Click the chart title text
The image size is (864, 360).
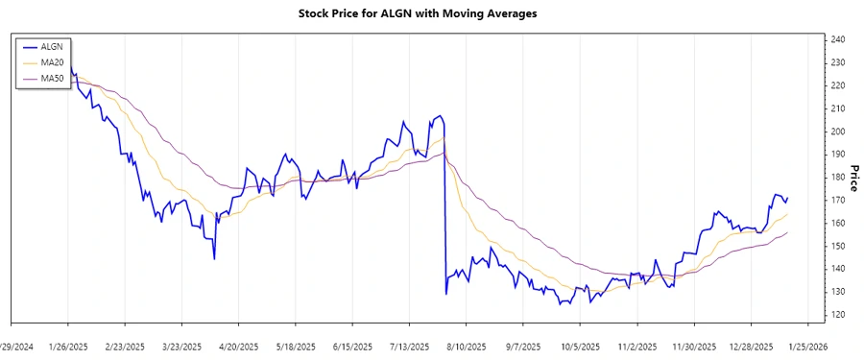(431, 14)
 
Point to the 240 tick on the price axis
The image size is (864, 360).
(838, 39)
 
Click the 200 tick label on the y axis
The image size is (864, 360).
(838, 132)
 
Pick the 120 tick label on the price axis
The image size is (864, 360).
(838, 315)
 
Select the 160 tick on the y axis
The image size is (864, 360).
(838, 223)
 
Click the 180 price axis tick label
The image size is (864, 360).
(838, 177)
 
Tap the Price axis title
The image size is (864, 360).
(853, 178)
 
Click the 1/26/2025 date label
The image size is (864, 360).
(68, 347)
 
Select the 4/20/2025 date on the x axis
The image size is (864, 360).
(239, 347)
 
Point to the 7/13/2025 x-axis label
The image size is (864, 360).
(410, 347)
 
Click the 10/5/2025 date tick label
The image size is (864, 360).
(581, 347)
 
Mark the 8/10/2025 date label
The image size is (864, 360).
(467, 347)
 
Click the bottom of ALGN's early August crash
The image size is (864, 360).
(446, 294)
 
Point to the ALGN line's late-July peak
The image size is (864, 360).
(440, 116)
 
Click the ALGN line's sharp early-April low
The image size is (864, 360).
(214, 259)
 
